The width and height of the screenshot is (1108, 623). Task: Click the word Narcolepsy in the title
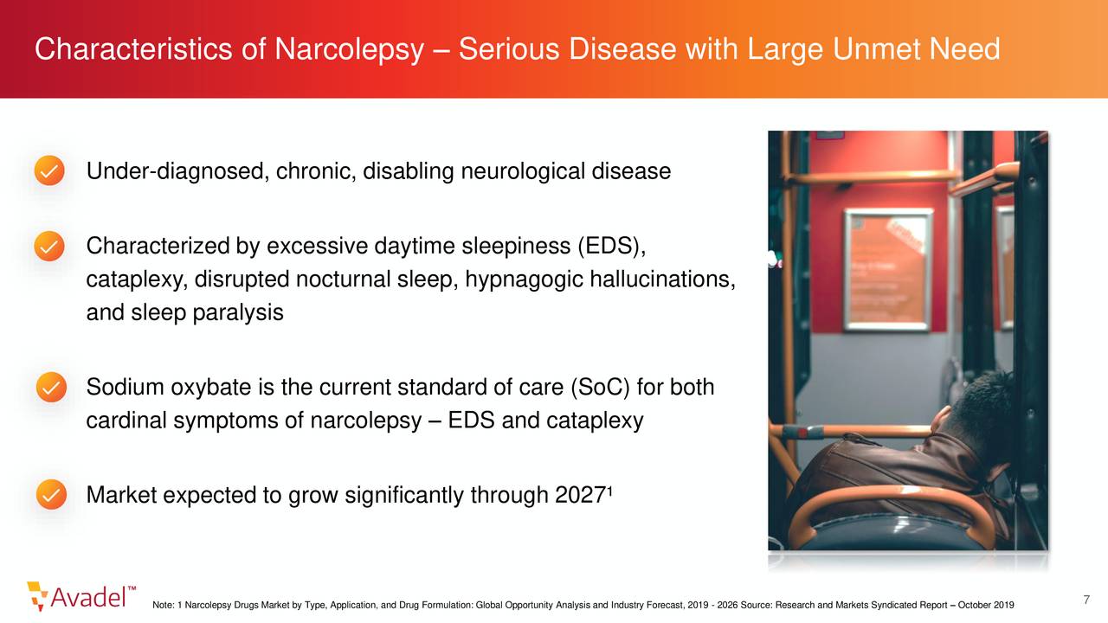pyautogui.click(x=349, y=50)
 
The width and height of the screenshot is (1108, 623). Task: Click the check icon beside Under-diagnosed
pyautogui.click(x=49, y=170)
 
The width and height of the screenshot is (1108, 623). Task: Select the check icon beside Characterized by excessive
pyautogui.click(x=49, y=246)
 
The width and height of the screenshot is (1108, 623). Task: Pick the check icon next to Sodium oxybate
pyautogui.click(x=51, y=387)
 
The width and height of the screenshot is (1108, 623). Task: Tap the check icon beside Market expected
pyautogui.click(x=51, y=494)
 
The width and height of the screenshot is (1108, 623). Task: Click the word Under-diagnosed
pyautogui.click(x=177, y=171)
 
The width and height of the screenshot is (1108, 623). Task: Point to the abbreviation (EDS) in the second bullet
pyautogui.click(x=612, y=247)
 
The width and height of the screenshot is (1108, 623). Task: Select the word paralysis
pyautogui.click(x=238, y=313)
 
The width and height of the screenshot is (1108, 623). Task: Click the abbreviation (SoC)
pyautogui.click(x=600, y=387)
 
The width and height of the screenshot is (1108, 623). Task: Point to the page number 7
pyautogui.click(x=1086, y=600)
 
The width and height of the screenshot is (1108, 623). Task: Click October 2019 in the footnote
pyautogui.click(x=986, y=605)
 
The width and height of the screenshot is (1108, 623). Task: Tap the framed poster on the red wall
pyautogui.click(x=888, y=269)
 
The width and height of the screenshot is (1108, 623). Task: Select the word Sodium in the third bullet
pyautogui.click(x=126, y=387)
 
